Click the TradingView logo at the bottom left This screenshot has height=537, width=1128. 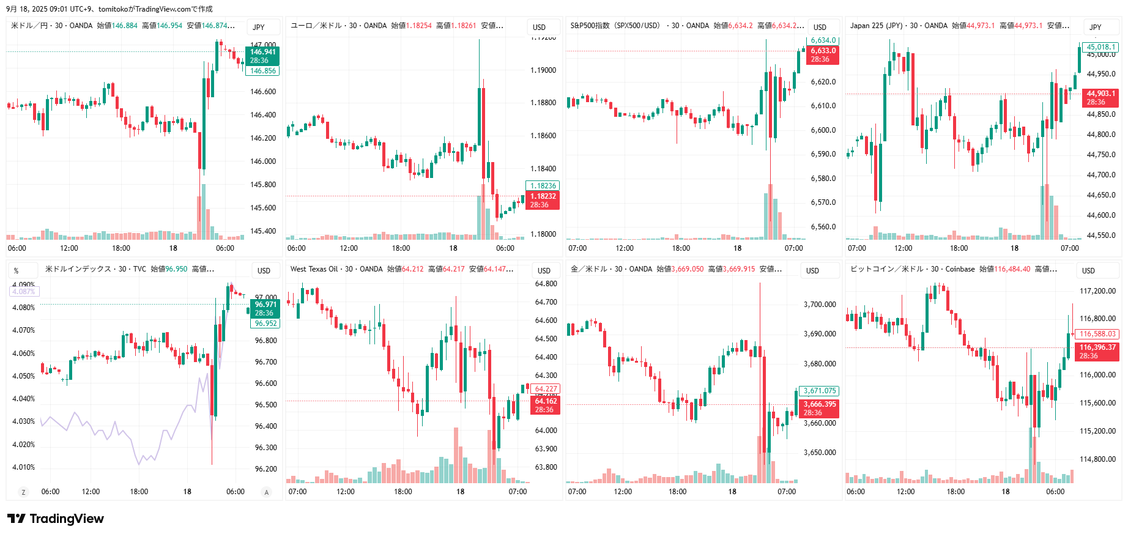click(56, 519)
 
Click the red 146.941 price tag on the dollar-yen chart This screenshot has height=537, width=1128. click(263, 56)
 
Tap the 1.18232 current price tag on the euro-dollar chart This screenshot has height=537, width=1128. click(543, 200)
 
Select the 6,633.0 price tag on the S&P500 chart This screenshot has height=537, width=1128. click(823, 55)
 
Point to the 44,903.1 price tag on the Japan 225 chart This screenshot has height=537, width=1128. click(1100, 98)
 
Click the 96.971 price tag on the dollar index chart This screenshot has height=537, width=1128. click(265, 308)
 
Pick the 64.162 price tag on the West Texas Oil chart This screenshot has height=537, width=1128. click(546, 405)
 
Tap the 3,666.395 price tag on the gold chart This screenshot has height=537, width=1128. click(819, 408)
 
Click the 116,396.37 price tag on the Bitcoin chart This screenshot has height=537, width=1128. click(1097, 351)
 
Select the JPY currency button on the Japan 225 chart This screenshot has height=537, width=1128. click(1096, 28)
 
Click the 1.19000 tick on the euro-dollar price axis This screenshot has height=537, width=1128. click(543, 70)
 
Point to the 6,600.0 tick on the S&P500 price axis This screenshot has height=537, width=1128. click(823, 130)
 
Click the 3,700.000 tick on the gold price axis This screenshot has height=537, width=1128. click(820, 305)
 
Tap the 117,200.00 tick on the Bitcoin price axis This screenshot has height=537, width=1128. click(1097, 291)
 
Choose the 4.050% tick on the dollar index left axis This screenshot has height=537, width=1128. click(23, 376)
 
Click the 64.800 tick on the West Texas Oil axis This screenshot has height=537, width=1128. click(546, 284)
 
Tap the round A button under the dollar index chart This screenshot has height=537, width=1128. click(266, 492)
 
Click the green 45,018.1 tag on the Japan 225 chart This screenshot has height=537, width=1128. click(1100, 47)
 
